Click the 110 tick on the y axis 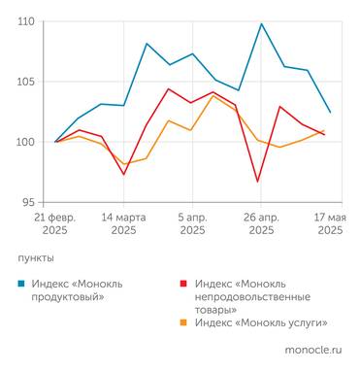click(26, 21)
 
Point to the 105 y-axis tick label click(26, 82)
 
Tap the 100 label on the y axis click(26, 142)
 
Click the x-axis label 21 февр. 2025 click(55, 224)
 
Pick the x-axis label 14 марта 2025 click(123, 224)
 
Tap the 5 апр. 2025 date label click(192, 224)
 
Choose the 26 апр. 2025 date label click(261, 224)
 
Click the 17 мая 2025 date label click(329, 224)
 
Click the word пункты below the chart click(36, 258)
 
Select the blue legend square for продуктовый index click(22, 284)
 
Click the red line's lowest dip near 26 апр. click(258, 182)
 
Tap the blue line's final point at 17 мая click(330, 112)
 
